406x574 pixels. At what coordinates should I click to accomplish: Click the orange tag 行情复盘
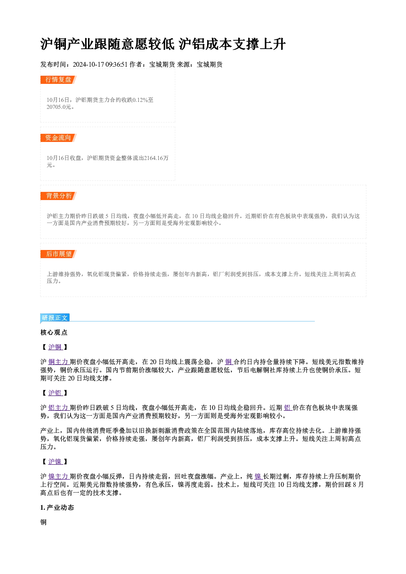[59, 80]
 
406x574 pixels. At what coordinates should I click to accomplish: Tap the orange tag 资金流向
[59, 138]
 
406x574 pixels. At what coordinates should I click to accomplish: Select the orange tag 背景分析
[59, 196]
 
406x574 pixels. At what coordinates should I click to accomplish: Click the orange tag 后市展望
[59, 254]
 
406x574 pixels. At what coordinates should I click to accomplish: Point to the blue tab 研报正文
[55, 318]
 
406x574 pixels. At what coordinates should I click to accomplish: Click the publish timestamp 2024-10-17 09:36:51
[100, 64]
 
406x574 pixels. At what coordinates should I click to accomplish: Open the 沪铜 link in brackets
[55, 347]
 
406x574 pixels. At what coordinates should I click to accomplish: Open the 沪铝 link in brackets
[55, 393]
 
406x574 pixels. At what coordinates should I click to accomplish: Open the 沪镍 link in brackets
[55, 461]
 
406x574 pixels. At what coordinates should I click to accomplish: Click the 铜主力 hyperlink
[59, 362]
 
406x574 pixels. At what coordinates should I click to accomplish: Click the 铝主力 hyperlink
[59, 408]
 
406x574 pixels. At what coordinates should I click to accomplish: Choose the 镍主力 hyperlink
[59, 476]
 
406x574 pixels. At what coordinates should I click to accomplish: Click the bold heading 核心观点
[54, 333]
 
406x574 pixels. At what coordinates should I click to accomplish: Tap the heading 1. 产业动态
[57, 508]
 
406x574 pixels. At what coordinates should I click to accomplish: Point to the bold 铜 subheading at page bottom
[43, 522]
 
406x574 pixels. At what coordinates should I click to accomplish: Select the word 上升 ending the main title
[273, 44]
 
